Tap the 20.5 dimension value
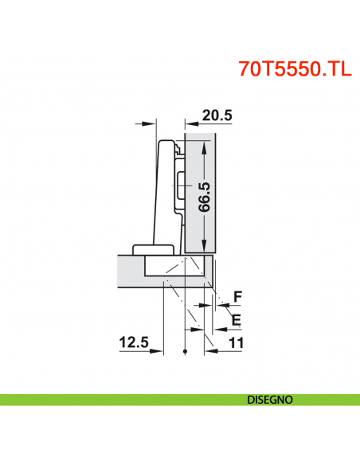217,115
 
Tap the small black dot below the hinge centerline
184,351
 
